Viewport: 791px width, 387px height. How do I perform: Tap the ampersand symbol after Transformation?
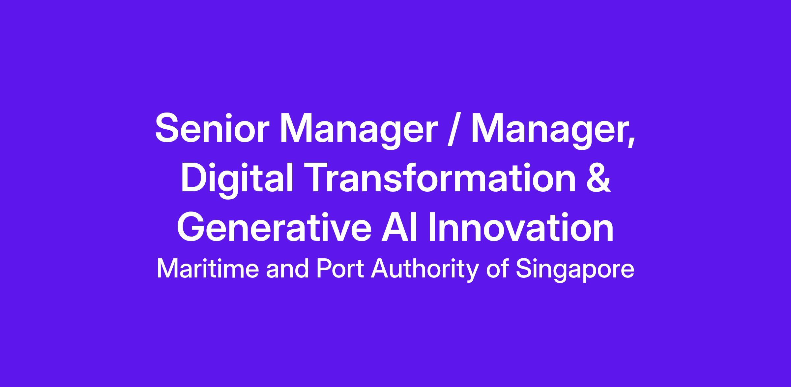click(x=599, y=177)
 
